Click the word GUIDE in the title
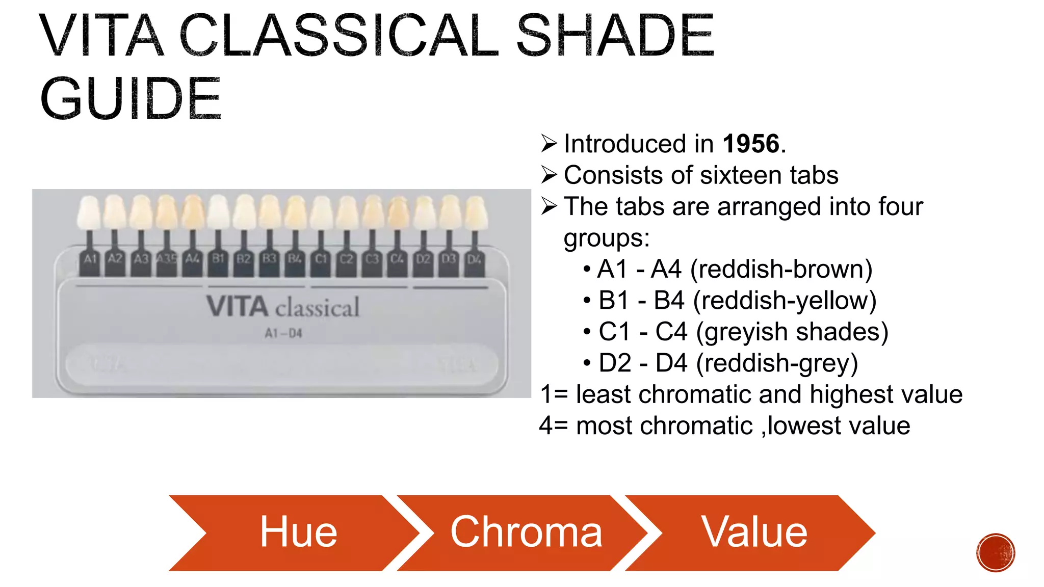130,99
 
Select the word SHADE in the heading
615,36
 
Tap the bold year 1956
751,144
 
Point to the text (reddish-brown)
781,269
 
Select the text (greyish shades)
792,332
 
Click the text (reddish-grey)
777,363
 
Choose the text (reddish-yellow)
785,301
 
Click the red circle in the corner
996,553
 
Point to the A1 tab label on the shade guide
90,259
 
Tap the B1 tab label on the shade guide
218,259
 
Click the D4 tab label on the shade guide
474,259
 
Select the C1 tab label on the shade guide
321,259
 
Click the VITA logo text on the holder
238,307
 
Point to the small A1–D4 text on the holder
283,334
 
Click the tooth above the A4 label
193,212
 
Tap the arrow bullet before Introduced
549,144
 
